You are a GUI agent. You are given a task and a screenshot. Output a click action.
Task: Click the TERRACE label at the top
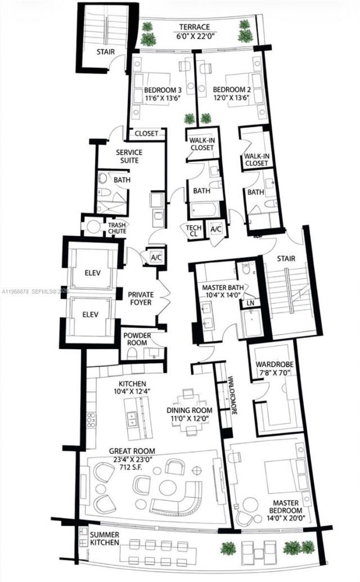(195, 27)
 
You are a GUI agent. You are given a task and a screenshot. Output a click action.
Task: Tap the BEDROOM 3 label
(163, 90)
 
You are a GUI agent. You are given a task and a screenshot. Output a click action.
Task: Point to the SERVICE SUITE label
(129, 156)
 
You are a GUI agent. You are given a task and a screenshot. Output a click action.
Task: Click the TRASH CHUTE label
(117, 227)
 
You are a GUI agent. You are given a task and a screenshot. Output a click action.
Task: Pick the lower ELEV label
(92, 314)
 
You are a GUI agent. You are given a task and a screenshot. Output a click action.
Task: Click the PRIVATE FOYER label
(141, 298)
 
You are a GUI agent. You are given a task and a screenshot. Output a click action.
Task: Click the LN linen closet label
(250, 303)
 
